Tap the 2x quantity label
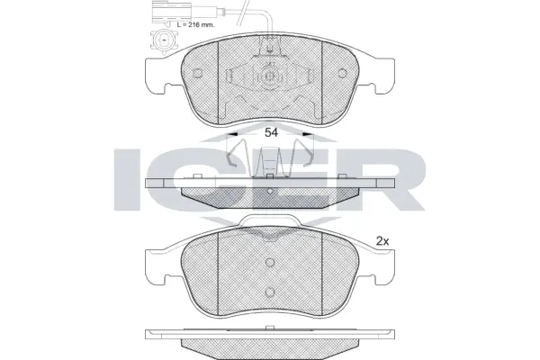click(382, 241)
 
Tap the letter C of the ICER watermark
click(193, 176)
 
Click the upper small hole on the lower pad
click(269, 262)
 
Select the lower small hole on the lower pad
click(269, 291)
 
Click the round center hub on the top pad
click(269, 77)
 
